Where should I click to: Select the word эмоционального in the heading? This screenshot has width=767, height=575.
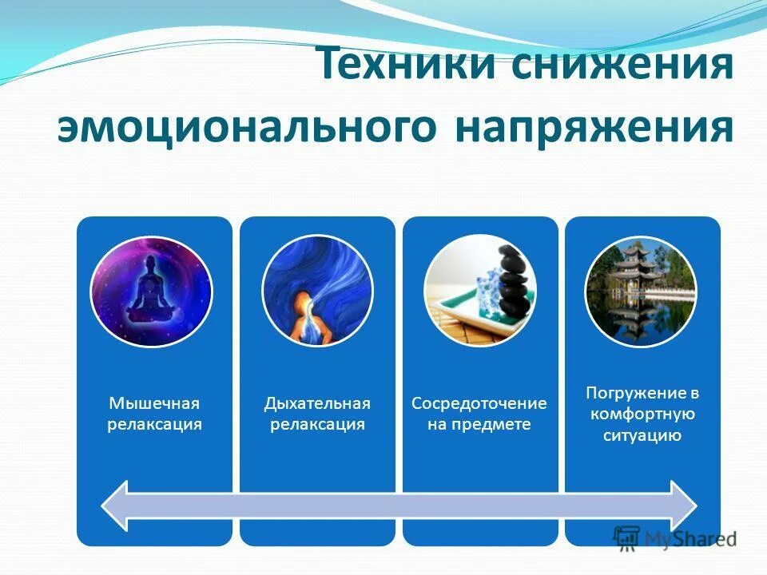246,128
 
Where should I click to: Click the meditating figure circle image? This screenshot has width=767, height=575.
151,291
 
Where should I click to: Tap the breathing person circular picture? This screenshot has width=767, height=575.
317,291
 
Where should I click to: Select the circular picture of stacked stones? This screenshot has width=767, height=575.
480,291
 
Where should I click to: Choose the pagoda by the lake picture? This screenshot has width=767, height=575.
642,291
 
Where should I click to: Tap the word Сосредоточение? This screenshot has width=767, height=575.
479,403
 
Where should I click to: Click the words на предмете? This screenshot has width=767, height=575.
479,424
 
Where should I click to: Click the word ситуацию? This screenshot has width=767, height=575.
642,435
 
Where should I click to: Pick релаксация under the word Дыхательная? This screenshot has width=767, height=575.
317,424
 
